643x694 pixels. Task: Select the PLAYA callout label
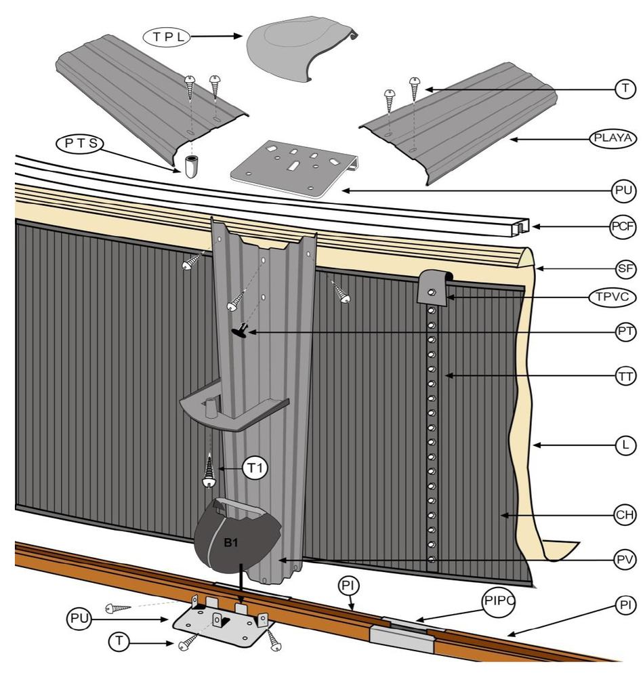coord(613,138)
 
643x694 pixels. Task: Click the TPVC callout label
coord(613,298)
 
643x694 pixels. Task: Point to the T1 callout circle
coord(256,468)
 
